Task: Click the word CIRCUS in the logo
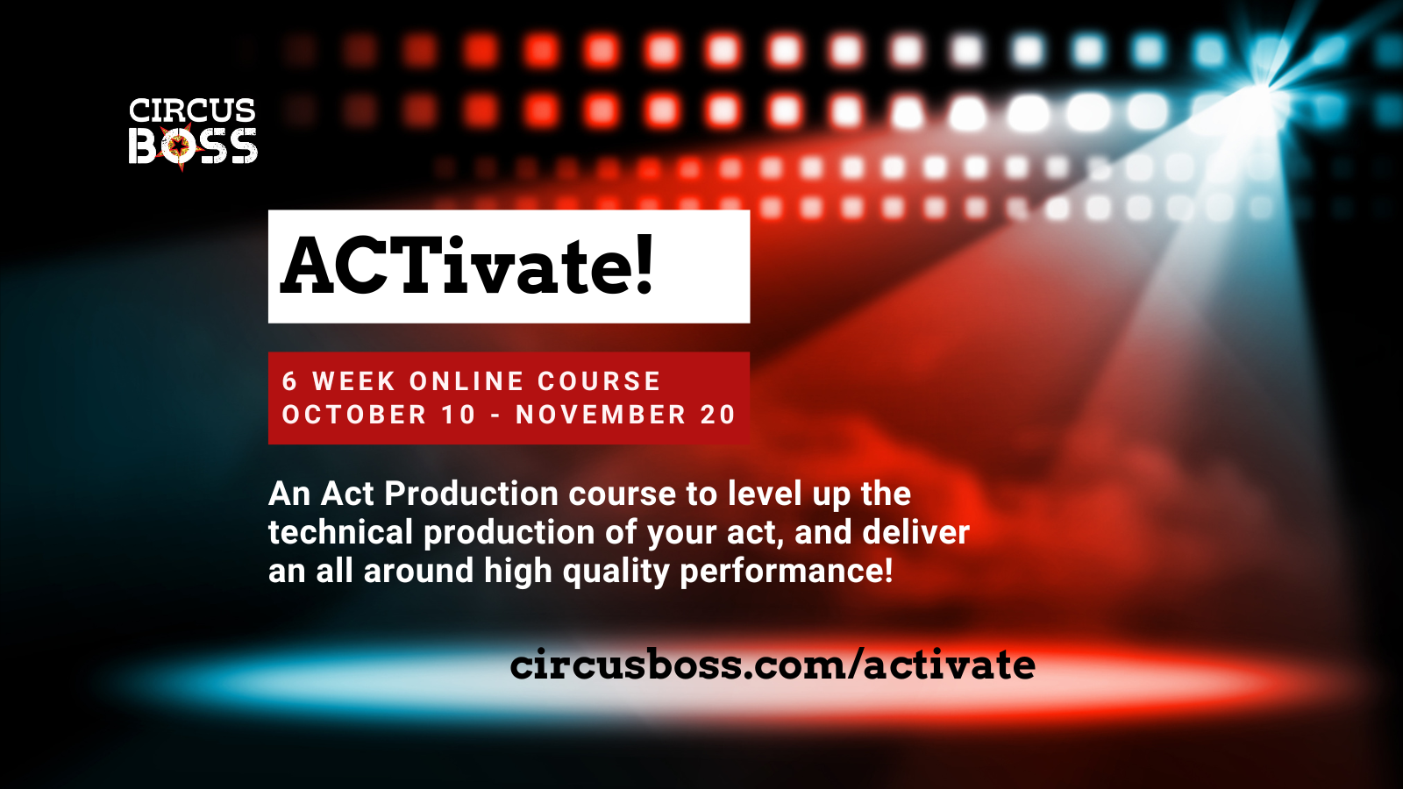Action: (192, 110)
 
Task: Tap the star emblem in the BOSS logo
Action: (179, 146)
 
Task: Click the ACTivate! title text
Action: (466, 266)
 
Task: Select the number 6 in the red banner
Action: (289, 381)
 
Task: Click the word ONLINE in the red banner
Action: (466, 381)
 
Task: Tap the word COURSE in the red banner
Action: (599, 381)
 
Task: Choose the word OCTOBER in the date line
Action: (354, 415)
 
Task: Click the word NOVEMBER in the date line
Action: (601, 415)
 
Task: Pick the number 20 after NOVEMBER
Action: (717, 415)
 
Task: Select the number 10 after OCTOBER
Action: (458, 415)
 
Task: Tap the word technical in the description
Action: (340, 532)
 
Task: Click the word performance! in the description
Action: (787, 571)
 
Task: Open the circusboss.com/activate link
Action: (773, 665)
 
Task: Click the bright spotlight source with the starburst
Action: (1259, 90)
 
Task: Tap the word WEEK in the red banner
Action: (354, 381)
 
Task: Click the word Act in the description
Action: (347, 494)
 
